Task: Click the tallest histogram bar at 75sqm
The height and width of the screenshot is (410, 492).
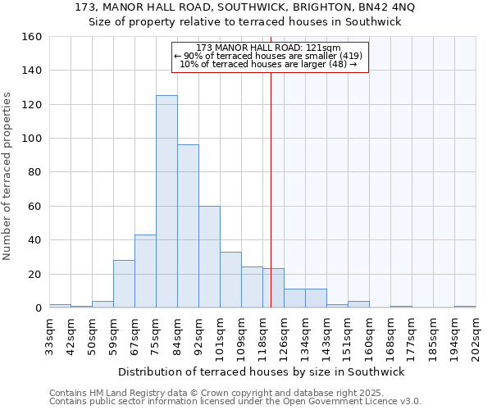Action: tap(166, 202)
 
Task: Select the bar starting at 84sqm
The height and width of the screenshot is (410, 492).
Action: tap(188, 226)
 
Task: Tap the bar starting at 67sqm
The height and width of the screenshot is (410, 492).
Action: tap(145, 271)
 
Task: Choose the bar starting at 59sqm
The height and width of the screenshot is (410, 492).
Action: tap(124, 284)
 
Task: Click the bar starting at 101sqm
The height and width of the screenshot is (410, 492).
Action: tap(230, 280)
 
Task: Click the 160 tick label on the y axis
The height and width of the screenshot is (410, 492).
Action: tap(31, 37)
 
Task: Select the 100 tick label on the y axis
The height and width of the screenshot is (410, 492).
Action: tap(31, 139)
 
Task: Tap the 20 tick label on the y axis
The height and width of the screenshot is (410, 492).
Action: tap(34, 274)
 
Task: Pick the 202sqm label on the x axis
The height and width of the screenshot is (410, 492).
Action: tap(476, 337)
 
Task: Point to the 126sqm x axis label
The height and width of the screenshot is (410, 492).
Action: tap(285, 337)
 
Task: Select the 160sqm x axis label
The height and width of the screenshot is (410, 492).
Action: tap(370, 337)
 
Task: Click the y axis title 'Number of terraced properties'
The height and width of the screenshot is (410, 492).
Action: tap(8, 175)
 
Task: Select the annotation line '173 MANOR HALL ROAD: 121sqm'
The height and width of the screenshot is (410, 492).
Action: tap(269, 48)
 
